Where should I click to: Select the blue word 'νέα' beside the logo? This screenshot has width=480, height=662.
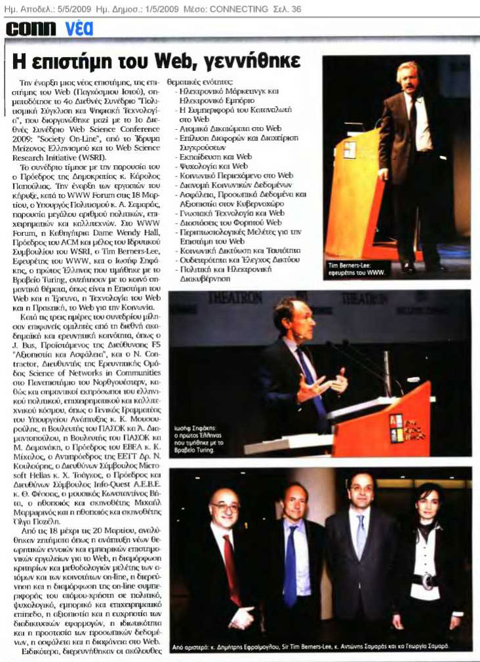coord(79,28)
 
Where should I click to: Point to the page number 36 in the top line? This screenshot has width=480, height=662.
coord(298,9)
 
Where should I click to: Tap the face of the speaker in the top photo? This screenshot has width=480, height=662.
coord(408,78)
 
